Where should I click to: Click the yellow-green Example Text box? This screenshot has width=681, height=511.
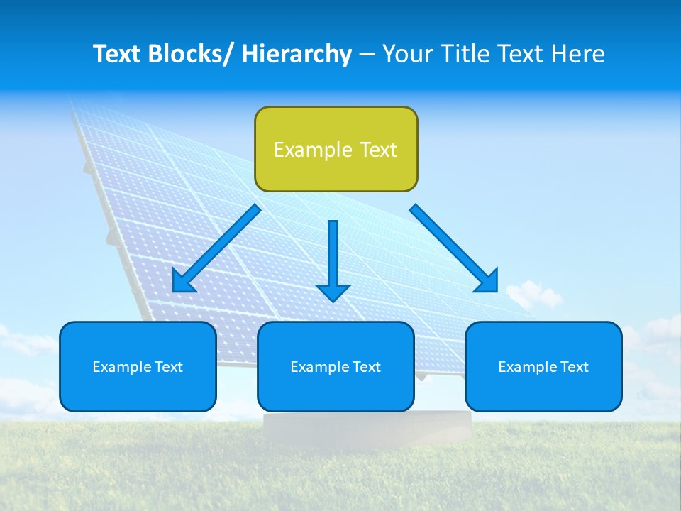(x=336, y=149)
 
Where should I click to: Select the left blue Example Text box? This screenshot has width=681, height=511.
(x=138, y=366)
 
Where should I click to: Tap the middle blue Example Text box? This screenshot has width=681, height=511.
(x=336, y=366)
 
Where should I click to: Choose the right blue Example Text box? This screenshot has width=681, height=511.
(x=543, y=366)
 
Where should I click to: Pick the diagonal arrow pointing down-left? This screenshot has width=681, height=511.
(x=216, y=248)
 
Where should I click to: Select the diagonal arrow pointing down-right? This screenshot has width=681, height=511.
(x=454, y=248)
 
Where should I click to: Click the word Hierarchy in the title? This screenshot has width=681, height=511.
(x=297, y=54)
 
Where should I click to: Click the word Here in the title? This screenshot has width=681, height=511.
(x=578, y=54)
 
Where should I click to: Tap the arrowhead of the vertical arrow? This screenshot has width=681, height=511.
(x=333, y=291)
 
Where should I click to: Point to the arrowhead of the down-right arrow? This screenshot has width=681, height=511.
(x=488, y=282)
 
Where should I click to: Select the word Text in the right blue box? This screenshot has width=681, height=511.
(x=573, y=366)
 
